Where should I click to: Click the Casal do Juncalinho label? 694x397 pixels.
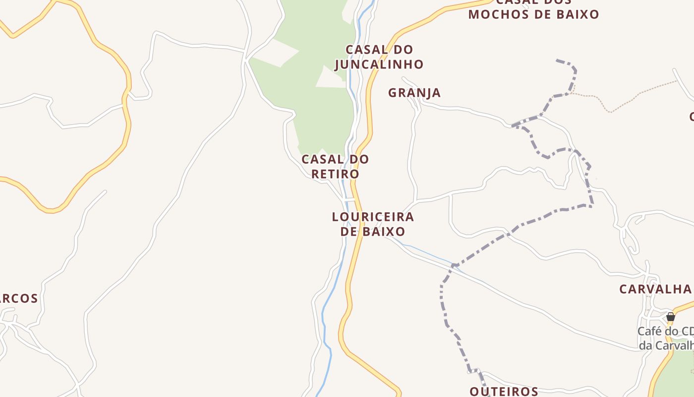pyautogui.click(x=379, y=57)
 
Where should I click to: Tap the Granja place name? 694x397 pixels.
pyautogui.click(x=414, y=93)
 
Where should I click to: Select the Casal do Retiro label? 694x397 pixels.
pyautogui.click(x=335, y=167)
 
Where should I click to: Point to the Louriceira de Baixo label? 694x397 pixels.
pyautogui.click(x=373, y=224)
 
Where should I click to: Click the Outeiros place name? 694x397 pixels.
pyautogui.click(x=504, y=391)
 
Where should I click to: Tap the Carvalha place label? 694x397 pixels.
pyautogui.click(x=655, y=289)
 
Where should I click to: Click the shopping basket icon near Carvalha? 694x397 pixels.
pyautogui.click(x=670, y=316)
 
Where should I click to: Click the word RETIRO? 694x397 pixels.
pyautogui.click(x=335, y=174)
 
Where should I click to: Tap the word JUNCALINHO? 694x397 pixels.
pyautogui.click(x=379, y=65)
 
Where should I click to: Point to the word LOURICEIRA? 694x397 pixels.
pyautogui.click(x=373, y=217)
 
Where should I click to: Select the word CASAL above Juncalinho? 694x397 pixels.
pyautogui.click(x=367, y=50)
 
